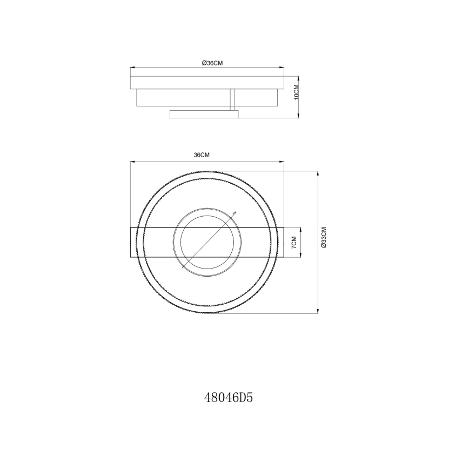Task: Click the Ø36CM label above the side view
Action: [212, 63]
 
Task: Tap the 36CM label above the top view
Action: [202, 155]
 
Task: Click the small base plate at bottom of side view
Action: [204, 114]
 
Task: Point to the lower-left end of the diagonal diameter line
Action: [184, 267]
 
